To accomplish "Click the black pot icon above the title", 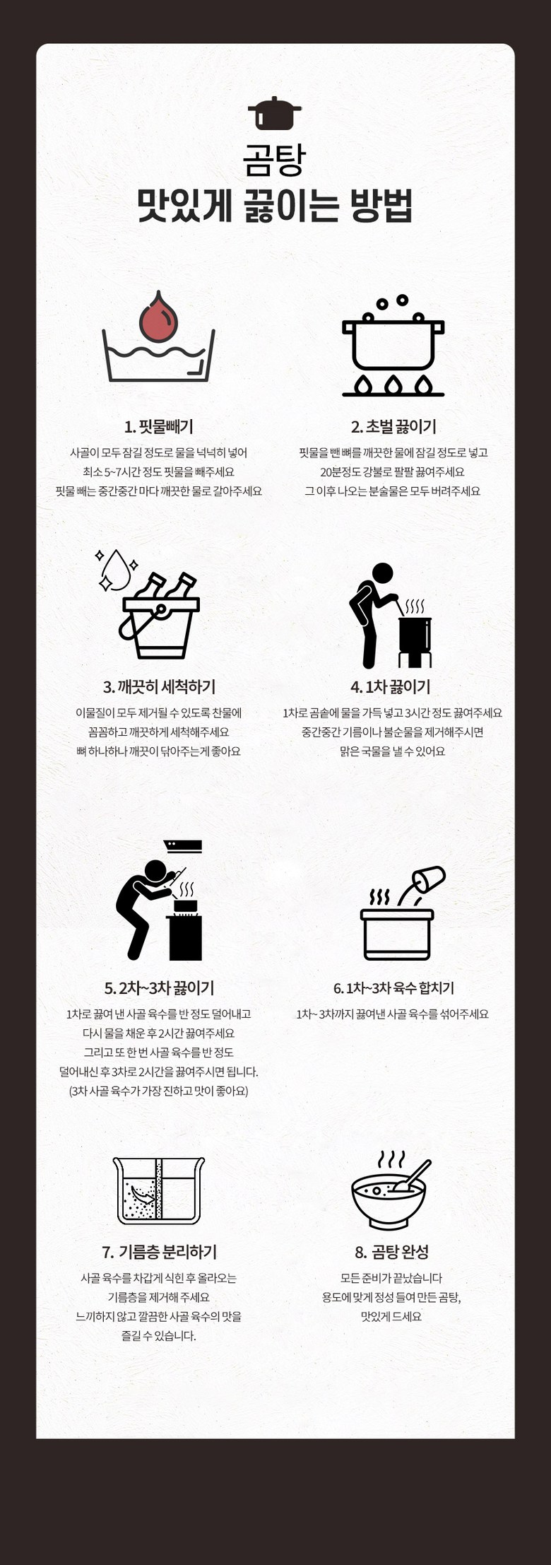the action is coord(275,114).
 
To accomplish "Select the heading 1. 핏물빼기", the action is coord(158,427).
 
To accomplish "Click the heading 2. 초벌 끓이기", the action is coord(393,427).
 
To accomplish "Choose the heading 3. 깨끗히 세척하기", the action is coord(159,687).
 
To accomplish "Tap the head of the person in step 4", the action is coord(382,573).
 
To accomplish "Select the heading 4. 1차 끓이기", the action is coord(391,687).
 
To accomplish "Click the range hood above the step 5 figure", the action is coord(183,846).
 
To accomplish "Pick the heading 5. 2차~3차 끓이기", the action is coord(159,987).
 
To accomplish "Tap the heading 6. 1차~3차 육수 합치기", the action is coord(393,987).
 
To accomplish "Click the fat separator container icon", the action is coord(159,1191).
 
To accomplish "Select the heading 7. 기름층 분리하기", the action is coord(159,1253).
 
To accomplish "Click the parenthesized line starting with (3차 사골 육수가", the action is coord(159,1091).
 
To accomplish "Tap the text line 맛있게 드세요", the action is coord(391,1316).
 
